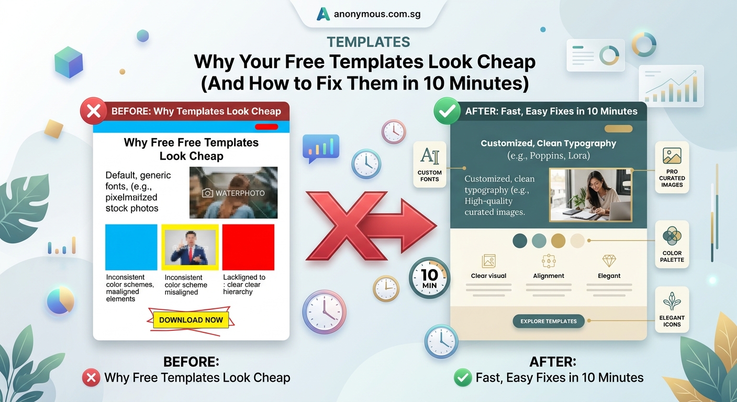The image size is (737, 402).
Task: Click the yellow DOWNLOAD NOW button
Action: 191,320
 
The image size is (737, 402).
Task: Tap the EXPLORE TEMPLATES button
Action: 548,321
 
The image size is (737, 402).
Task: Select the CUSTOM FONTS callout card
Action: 430,163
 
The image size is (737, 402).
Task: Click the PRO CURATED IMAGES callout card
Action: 672,167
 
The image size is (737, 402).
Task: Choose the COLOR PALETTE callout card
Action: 672,244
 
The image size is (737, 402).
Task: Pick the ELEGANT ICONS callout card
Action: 672,309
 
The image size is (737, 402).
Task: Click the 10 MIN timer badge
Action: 429,278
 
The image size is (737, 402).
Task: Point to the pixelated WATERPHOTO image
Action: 233,193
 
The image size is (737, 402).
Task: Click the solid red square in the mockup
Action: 248,247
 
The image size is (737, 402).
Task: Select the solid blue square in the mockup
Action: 131,247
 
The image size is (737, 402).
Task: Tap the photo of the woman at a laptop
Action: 590,195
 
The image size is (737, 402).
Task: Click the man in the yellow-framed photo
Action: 189,247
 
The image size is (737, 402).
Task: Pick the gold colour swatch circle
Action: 559,241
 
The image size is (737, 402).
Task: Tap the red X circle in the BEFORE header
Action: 93,111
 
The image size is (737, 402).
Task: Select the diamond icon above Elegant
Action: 609,261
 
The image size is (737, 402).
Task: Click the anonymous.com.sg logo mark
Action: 323,14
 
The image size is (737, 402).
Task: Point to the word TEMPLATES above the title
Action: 368,42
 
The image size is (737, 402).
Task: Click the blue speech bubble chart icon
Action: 321,148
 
